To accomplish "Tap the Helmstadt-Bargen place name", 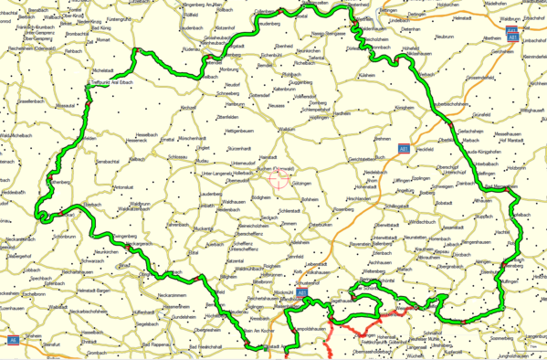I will pos(98,289).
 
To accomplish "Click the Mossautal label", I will pos(66,105).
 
